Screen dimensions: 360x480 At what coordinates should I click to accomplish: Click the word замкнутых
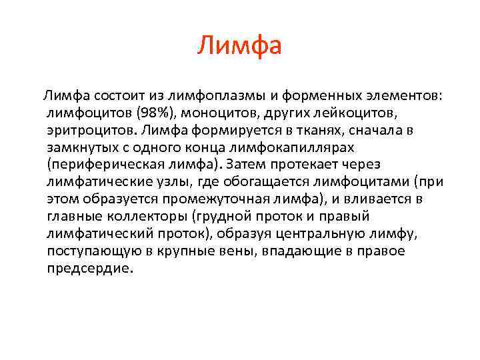pyautogui.click(x=82, y=147)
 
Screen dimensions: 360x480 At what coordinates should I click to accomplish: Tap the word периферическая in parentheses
pyautogui.click(x=104, y=165)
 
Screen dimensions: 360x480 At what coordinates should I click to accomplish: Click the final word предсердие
pyautogui.click(x=90, y=269)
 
